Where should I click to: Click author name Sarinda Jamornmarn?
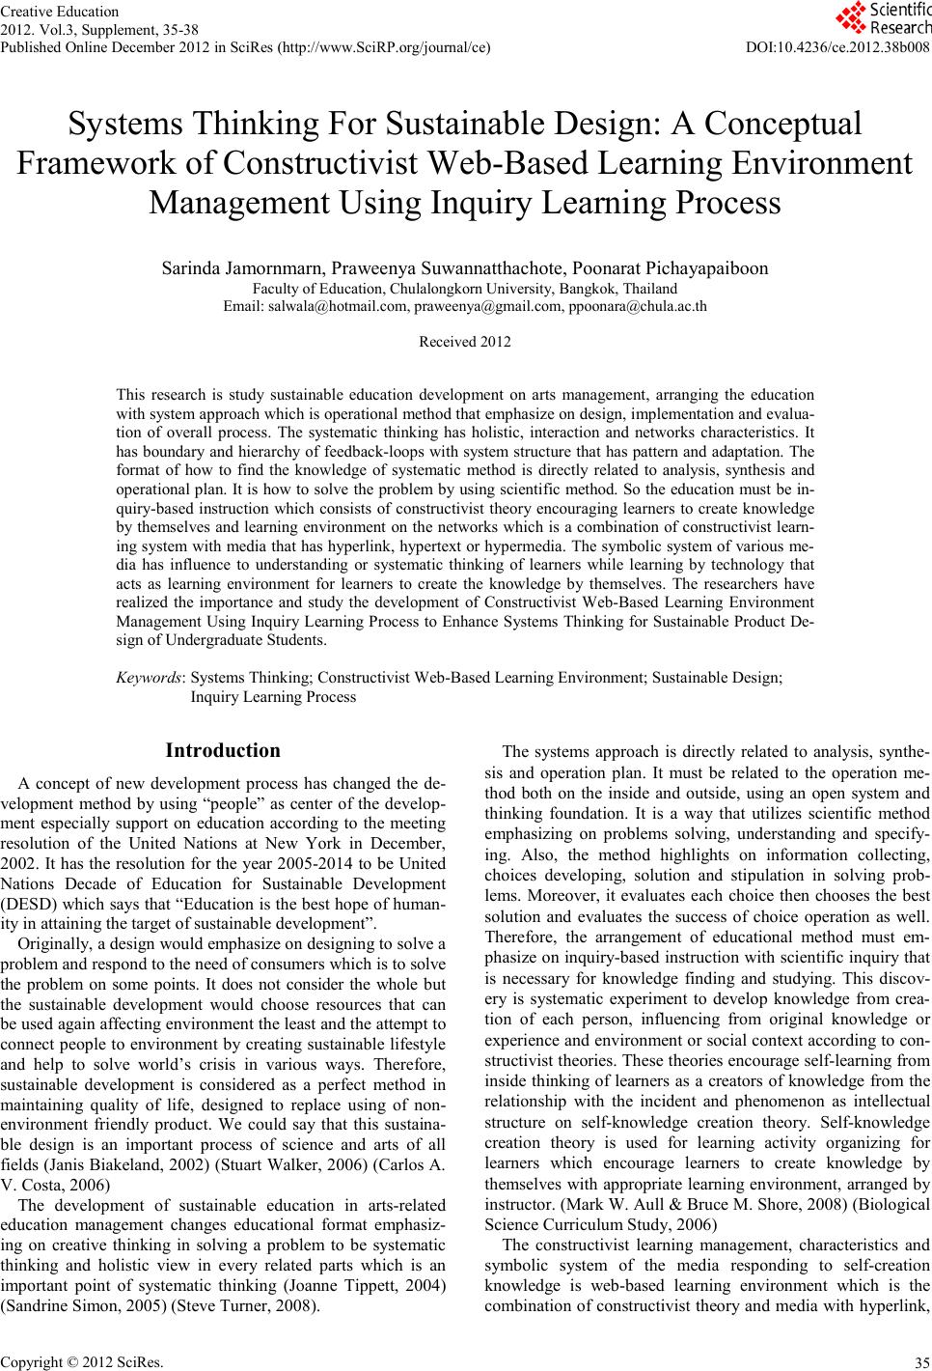244,268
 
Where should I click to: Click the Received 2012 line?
465,342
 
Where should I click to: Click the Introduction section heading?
223,750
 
